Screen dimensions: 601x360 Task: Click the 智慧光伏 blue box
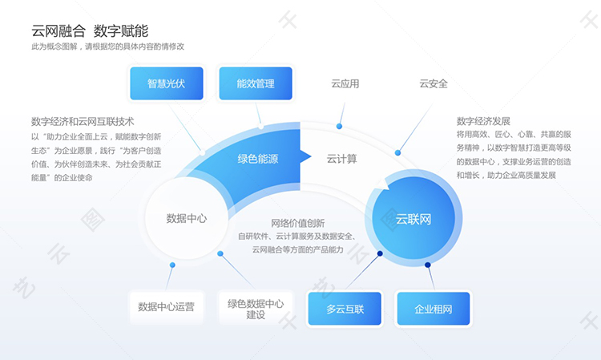click(166, 83)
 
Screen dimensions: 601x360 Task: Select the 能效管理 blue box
click(256, 83)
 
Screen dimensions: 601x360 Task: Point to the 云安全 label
click(434, 83)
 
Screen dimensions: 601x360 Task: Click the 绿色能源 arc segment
click(257, 159)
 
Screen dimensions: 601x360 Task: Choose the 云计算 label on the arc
click(342, 159)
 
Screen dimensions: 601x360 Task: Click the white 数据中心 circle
click(187, 218)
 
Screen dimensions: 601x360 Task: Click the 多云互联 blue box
click(345, 309)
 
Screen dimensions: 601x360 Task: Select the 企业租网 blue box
click(434, 309)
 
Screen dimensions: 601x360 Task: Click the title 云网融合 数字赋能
click(89, 30)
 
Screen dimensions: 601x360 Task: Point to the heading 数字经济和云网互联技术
click(83, 122)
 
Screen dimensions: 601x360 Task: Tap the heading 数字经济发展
click(483, 121)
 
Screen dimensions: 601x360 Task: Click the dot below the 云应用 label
click(340, 127)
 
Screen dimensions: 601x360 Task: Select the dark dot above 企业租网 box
click(427, 265)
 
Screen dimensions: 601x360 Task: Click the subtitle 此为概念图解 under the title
click(107, 47)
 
